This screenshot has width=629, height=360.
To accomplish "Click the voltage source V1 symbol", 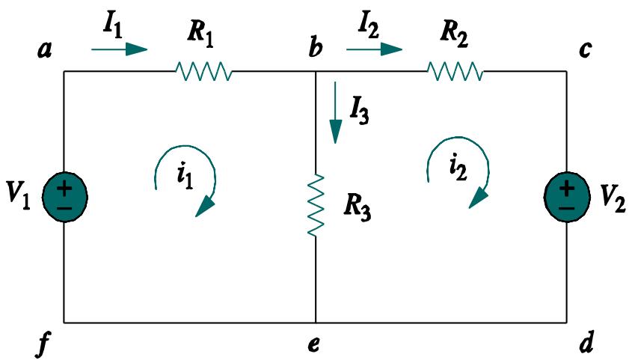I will (x=64, y=196).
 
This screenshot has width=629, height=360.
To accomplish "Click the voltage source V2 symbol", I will (x=566, y=196).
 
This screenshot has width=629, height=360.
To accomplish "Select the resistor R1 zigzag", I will (x=203, y=72).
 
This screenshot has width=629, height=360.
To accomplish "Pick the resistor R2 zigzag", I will (x=455, y=72).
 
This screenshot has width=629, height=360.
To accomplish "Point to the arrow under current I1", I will (x=119, y=50).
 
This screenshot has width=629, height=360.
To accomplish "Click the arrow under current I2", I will (x=374, y=50).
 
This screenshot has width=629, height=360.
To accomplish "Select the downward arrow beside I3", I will (x=336, y=120).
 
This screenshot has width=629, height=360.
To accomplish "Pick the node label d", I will (x=586, y=345).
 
